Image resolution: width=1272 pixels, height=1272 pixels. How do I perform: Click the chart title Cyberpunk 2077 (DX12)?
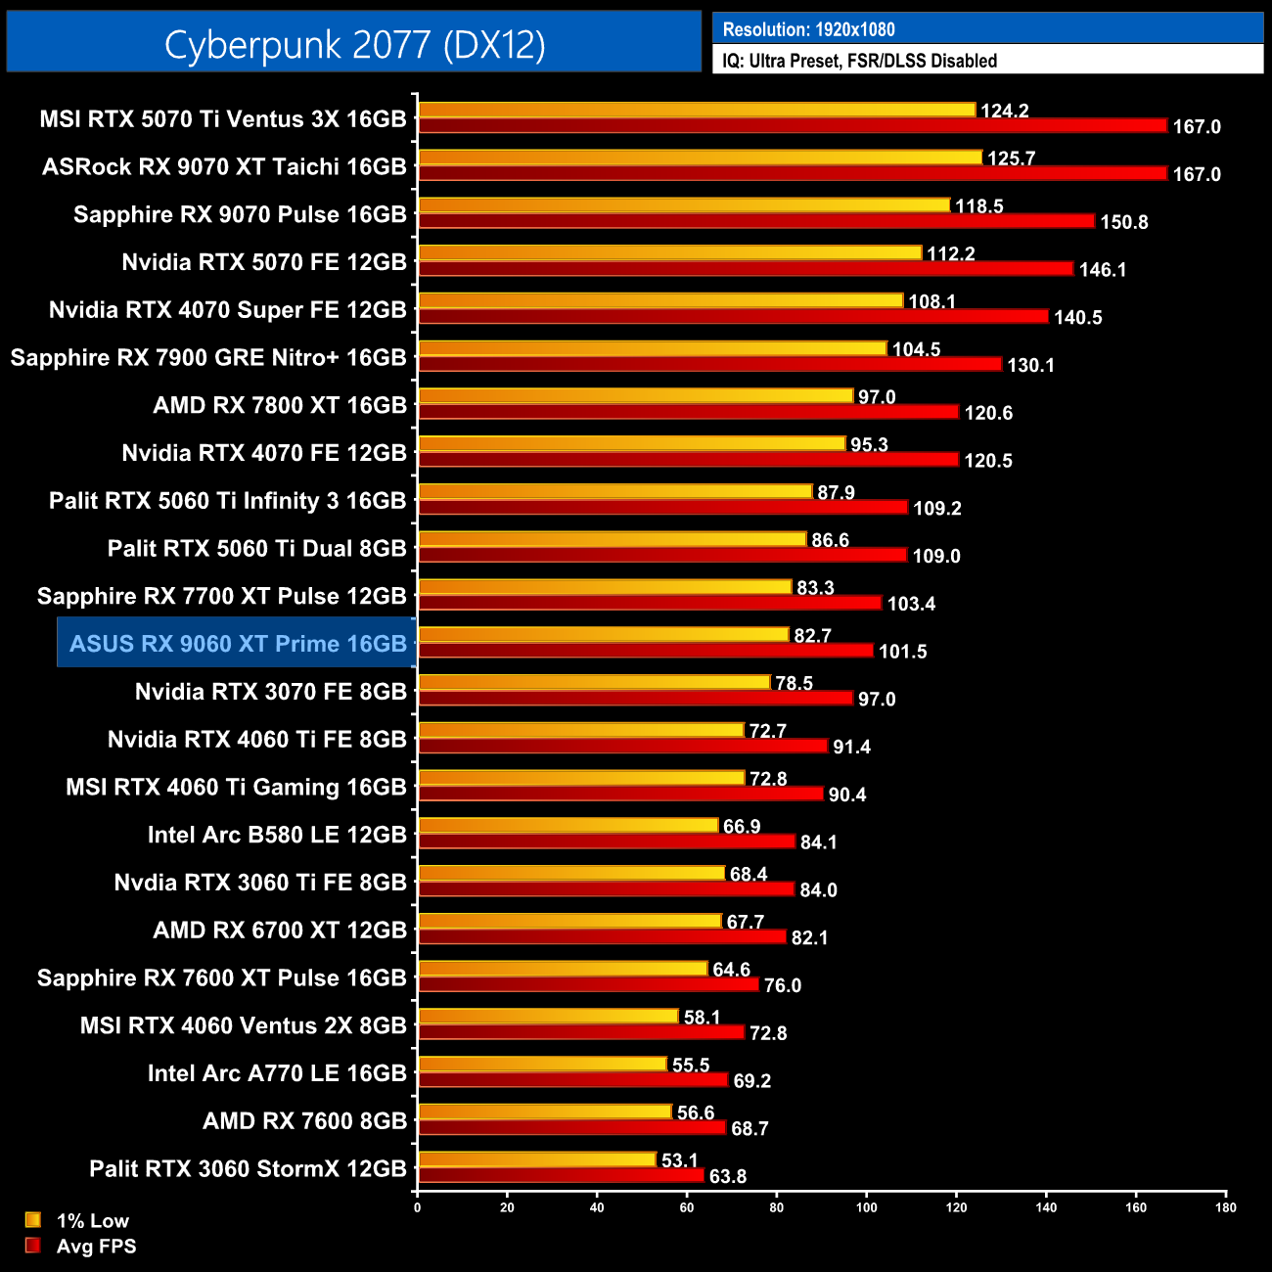[354, 44]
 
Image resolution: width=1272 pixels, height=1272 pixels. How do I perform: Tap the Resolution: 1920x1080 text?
[808, 29]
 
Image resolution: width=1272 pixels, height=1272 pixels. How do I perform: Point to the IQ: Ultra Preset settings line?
[859, 61]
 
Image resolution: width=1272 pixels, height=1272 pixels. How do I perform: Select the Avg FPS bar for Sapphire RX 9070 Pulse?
[755, 221]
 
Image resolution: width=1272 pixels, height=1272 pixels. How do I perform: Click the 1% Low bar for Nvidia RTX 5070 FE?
[670, 253]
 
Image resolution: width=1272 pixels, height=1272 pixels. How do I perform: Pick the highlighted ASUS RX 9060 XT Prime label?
[238, 644]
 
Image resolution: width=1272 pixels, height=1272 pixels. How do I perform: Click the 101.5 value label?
[902, 652]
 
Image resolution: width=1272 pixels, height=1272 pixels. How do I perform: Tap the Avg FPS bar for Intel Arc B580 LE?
[607, 841]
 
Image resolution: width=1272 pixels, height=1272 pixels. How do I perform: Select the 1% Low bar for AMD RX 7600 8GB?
[545, 1113]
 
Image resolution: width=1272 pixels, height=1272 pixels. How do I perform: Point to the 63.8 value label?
[727, 1176]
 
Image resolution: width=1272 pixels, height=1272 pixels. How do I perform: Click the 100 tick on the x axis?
[867, 1207]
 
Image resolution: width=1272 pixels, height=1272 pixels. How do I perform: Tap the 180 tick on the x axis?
[1226, 1207]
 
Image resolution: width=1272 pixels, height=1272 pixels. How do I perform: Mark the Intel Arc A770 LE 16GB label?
[277, 1073]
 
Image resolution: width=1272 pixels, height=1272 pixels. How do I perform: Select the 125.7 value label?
[1011, 159]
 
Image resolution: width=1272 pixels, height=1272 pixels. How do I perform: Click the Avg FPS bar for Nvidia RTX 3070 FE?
[636, 699]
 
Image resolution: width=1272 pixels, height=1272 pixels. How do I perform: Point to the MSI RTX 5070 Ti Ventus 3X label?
[223, 119]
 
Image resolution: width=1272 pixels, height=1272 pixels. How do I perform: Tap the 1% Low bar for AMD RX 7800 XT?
[636, 396]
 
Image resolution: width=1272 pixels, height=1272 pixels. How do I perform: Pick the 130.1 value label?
[1030, 365]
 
